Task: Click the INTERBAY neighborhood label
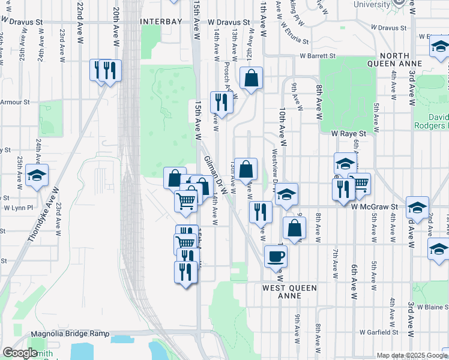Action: pos(160,22)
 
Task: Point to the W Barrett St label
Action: pos(318,56)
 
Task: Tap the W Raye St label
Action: pos(349,133)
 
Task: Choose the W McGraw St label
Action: pos(375,206)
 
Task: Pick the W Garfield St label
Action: pos(379,332)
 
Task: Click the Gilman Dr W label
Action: pos(216,175)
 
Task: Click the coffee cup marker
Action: pos(276,256)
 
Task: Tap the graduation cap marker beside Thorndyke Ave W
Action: pos(37,176)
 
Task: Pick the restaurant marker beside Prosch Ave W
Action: pos(221,103)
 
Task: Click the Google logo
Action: pos(20,353)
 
